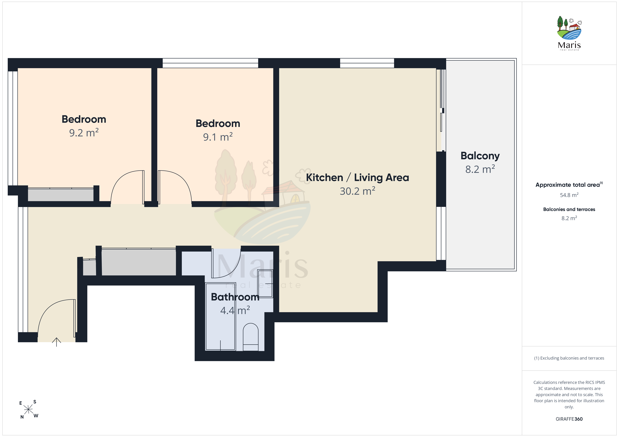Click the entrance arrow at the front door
tap(56, 342)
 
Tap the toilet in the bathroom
tap(251, 337)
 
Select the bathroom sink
tap(265, 283)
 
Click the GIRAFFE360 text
tap(569, 419)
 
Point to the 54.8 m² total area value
tap(569, 195)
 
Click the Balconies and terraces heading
tap(569, 209)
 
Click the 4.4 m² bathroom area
tap(235, 310)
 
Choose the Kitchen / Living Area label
tap(357, 178)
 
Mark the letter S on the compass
tap(35, 402)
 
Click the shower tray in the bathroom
tap(221, 316)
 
